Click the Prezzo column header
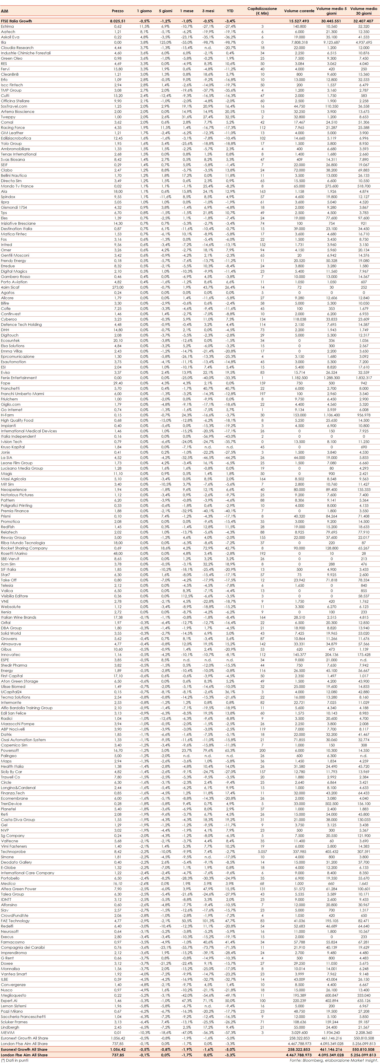(x=118, y=11)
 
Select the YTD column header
(x=230, y=11)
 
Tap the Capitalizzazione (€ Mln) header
(x=262, y=11)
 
